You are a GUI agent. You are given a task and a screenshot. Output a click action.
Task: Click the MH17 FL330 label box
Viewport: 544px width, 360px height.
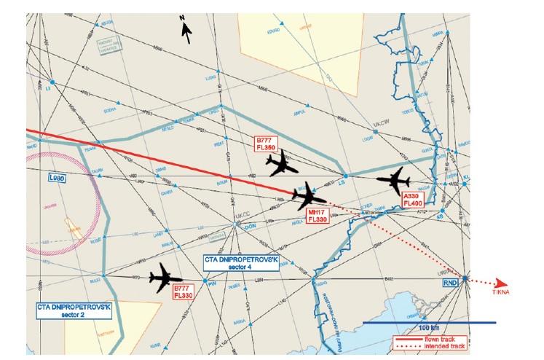point(319,215)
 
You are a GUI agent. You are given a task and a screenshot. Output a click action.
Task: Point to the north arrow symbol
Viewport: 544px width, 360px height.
point(186,28)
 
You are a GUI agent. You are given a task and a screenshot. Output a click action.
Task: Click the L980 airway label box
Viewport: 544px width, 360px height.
point(57,177)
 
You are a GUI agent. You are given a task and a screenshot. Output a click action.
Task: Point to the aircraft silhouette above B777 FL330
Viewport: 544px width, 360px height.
point(165,278)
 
